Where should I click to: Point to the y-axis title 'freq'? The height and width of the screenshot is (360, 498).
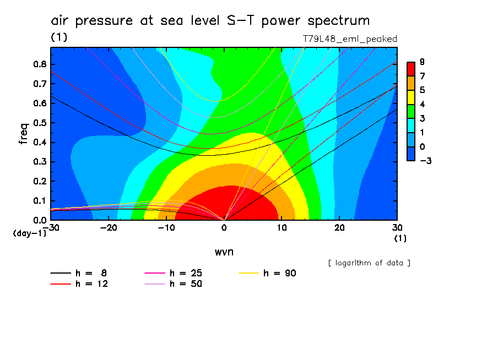tap(24, 134)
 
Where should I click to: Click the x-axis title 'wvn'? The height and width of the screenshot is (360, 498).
tap(223, 252)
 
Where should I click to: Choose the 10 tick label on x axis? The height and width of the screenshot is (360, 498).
tap(282, 228)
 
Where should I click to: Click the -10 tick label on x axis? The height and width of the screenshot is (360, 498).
tap(166, 228)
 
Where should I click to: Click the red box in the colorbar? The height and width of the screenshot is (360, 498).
tap(410, 68)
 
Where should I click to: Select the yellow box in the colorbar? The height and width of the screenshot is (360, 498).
tap(410, 97)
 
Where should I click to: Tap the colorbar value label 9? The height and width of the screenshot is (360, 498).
tap(422, 62)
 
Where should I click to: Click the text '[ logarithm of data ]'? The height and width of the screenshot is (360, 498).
tap(369, 263)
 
